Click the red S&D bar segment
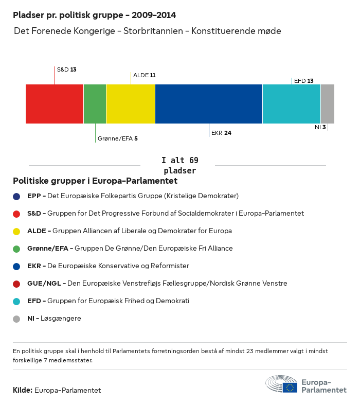click(55, 104)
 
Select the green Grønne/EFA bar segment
click(95, 104)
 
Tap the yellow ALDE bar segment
click(131, 104)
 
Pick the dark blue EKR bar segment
click(209, 104)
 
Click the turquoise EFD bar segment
click(292, 104)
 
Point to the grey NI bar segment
click(328, 104)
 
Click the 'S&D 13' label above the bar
click(66, 69)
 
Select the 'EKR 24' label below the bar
click(221, 133)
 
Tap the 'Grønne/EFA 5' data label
click(117, 138)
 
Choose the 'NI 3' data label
click(320, 127)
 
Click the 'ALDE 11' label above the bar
click(144, 75)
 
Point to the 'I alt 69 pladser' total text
click(179, 165)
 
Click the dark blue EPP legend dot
click(16, 196)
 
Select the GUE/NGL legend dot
click(16, 284)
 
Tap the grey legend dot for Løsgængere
click(16, 319)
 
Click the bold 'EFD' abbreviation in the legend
click(34, 301)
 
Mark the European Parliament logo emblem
click(281, 384)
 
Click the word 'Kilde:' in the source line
click(23, 390)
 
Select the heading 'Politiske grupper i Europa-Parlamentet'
click(95, 181)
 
